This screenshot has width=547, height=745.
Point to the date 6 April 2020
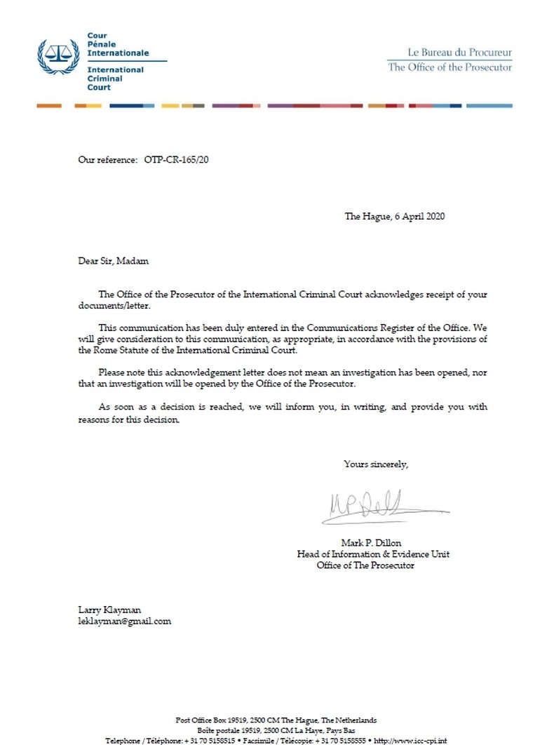[x=418, y=216]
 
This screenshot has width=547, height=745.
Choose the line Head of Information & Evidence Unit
[x=373, y=554]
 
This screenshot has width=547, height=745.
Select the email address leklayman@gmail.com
[x=124, y=621]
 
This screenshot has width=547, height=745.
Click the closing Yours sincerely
[x=376, y=464]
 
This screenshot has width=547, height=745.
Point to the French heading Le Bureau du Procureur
[x=460, y=53]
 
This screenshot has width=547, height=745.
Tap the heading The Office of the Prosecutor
[x=450, y=67]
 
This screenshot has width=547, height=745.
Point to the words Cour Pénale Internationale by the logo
[x=117, y=44]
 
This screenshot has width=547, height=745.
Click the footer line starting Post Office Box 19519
[x=276, y=720]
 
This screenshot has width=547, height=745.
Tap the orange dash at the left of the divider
[x=49, y=106]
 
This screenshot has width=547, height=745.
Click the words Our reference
[x=107, y=160]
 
